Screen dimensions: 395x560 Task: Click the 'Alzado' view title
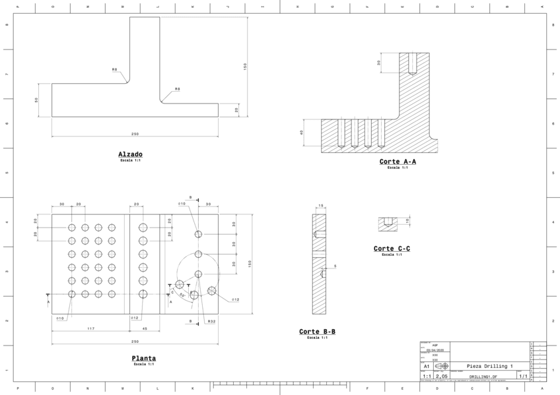tap(130, 154)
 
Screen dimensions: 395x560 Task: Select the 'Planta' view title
tap(143, 358)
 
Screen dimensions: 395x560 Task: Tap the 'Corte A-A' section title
tap(398, 162)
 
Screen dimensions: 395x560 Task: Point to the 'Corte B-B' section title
tap(317, 332)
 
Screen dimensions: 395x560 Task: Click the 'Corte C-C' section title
tap(392, 249)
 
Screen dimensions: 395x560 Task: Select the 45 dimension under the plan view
tap(145, 328)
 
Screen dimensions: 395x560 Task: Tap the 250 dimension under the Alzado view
tap(135, 134)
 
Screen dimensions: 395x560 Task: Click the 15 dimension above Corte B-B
tap(320, 206)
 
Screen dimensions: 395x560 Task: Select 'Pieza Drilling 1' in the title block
tap(489, 365)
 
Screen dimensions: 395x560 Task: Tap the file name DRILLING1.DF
tap(483, 376)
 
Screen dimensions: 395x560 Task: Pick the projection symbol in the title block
tap(442, 365)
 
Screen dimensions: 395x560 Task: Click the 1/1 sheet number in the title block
tap(522, 376)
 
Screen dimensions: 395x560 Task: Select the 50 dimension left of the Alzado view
tap(37, 100)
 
